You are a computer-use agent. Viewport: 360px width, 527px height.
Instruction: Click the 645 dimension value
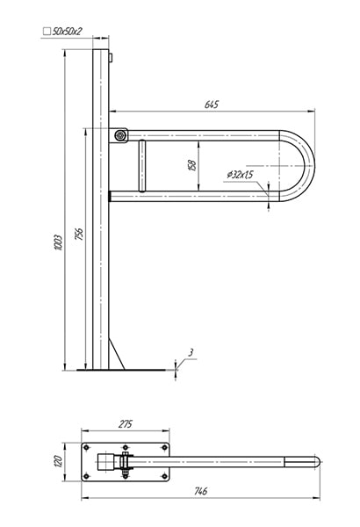point(211,105)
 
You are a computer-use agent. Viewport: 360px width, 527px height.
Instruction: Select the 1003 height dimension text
point(58,242)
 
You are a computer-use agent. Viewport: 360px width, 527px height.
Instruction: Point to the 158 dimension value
point(192,165)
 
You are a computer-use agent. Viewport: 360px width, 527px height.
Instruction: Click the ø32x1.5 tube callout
point(241,175)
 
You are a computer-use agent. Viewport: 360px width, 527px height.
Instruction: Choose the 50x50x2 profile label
point(68,32)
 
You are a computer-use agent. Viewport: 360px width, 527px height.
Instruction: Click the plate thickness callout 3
point(191,352)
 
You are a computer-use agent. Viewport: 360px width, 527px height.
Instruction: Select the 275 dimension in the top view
point(126,424)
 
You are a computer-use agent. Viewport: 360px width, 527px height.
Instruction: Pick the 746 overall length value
point(200,491)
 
